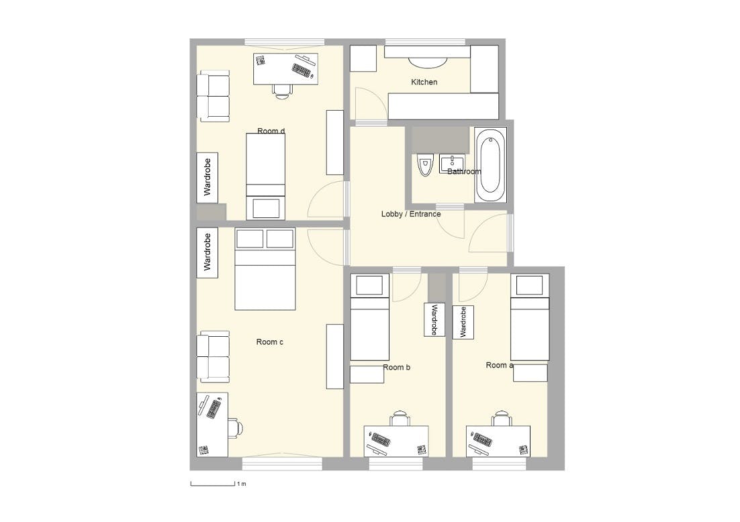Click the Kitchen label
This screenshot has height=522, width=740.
[x=424, y=82]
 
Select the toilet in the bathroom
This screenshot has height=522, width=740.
[x=425, y=165]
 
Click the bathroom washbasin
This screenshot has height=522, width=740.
[x=452, y=164]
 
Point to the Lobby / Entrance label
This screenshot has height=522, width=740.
[x=410, y=214]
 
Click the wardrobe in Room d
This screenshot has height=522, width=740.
[x=207, y=178]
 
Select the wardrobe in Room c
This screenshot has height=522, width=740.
[x=207, y=253]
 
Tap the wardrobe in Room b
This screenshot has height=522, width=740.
[x=434, y=319]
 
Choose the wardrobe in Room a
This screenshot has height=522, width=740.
[x=463, y=322]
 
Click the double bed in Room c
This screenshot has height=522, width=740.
[x=265, y=269]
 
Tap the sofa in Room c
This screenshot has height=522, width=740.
[x=214, y=356]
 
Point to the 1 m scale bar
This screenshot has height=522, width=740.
[x=212, y=484]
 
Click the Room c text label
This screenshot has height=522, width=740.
[x=269, y=342]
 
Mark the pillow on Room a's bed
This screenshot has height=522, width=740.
[x=530, y=285]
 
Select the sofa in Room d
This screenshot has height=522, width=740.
[x=214, y=96]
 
